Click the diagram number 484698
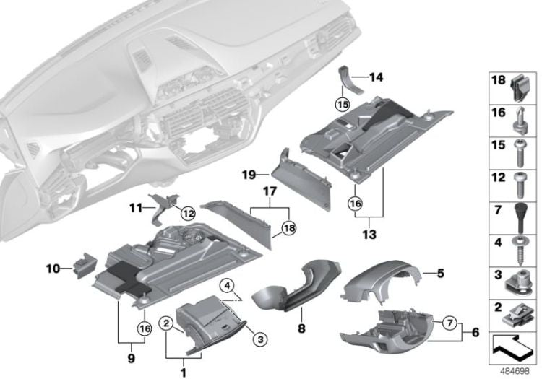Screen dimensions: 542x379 515,371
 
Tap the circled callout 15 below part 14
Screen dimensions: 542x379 343,104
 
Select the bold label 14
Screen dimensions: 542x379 376,77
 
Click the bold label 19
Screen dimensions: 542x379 249,175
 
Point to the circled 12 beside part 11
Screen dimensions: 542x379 189,214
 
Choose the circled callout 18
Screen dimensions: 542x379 289,228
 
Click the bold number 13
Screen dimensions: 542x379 369,235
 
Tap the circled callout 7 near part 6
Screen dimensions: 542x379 449,323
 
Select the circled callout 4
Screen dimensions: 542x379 227,285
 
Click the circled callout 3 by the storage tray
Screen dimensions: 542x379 260,339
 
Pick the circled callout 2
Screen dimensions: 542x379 166,323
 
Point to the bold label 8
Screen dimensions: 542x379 301,328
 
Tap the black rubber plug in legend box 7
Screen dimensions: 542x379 520,218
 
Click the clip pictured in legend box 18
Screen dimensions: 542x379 520,88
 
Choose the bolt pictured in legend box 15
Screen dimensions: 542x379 520,153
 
